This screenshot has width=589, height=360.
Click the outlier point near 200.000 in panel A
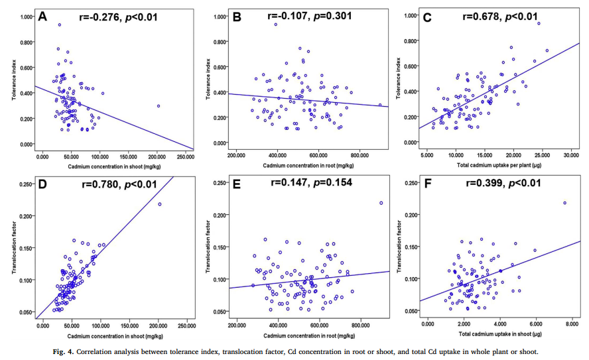(x=159, y=105)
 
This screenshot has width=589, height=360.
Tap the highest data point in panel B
(x=275, y=25)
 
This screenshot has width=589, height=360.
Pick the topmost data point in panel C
(x=539, y=24)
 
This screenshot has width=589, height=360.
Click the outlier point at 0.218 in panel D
(x=160, y=204)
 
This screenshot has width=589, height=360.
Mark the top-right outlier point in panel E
(x=381, y=203)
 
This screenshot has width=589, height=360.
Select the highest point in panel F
(x=564, y=203)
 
